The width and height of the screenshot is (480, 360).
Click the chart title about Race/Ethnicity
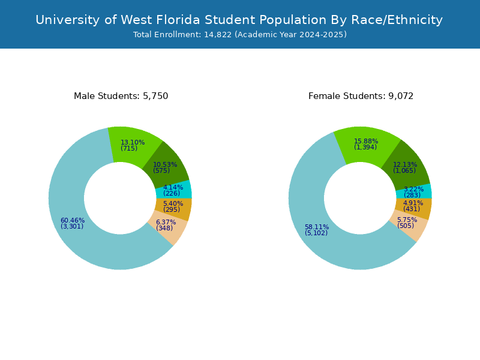(x=239, y=20)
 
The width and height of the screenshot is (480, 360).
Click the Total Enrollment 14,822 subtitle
(x=240, y=35)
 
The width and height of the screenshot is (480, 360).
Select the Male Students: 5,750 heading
(x=121, y=96)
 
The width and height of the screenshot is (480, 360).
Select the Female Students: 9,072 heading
(x=361, y=96)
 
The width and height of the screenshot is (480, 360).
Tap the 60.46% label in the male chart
(x=73, y=220)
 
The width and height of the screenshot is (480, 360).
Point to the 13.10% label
(x=133, y=142)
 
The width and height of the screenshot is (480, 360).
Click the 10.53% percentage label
(x=165, y=164)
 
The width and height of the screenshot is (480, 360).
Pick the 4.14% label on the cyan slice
(x=173, y=187)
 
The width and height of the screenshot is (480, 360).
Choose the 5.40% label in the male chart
(x=173, y=203)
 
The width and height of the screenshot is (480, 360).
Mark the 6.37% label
(x=166, y=222)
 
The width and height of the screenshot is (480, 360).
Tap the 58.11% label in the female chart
(x=317, y=227)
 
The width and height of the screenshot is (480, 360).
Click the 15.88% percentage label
(x=366, y=141)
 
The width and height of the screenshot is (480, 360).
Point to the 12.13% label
(x=405, y=164)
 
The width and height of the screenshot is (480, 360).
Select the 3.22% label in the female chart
(x=413, y=189)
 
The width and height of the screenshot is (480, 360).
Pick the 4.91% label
(x=413, y=203)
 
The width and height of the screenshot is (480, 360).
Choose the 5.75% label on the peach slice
(x=407, y=220)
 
